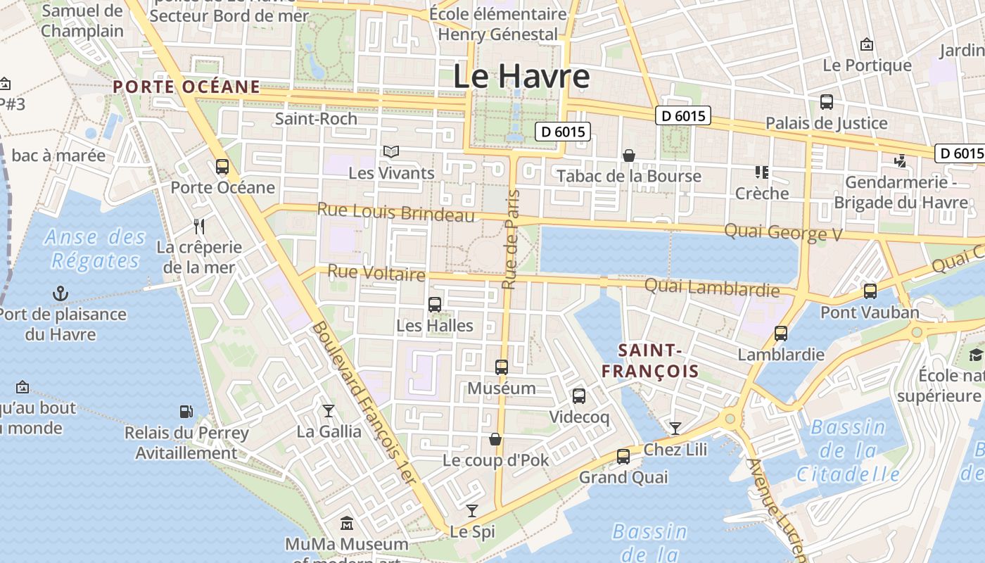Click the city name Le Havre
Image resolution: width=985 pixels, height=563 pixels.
tap(521, 76)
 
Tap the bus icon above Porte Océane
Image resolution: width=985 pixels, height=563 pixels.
tap(222, 167)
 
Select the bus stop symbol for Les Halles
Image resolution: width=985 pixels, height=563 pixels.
tap(435, 305)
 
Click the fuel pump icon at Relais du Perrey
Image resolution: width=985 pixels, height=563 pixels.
tap(186, 411)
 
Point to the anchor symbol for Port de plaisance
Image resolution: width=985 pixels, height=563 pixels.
tap(61, 293)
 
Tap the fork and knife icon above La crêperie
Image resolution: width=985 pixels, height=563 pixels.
tap(199, 226)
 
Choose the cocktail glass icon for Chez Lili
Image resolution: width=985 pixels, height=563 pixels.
tap(675, 428)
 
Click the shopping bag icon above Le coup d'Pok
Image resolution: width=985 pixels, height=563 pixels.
tap(495, 439)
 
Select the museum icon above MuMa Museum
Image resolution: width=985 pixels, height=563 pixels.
tap(347, 524)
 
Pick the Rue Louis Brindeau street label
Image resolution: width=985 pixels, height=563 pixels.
tap(396, 212)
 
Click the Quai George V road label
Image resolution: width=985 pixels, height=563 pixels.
tap(782, 232)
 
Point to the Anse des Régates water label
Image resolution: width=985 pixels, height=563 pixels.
tap(95, 248)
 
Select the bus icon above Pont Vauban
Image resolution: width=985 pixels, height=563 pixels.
tap(870, 291)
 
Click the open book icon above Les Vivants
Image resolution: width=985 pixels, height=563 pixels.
tap(391, 151)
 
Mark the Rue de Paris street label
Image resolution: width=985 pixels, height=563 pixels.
tap(511, 239)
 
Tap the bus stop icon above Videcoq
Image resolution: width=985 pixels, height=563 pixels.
tap(579, 396)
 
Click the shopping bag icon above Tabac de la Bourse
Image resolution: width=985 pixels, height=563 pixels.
tap(629, 155)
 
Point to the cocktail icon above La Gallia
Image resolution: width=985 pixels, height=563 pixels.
tap(329, 410)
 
